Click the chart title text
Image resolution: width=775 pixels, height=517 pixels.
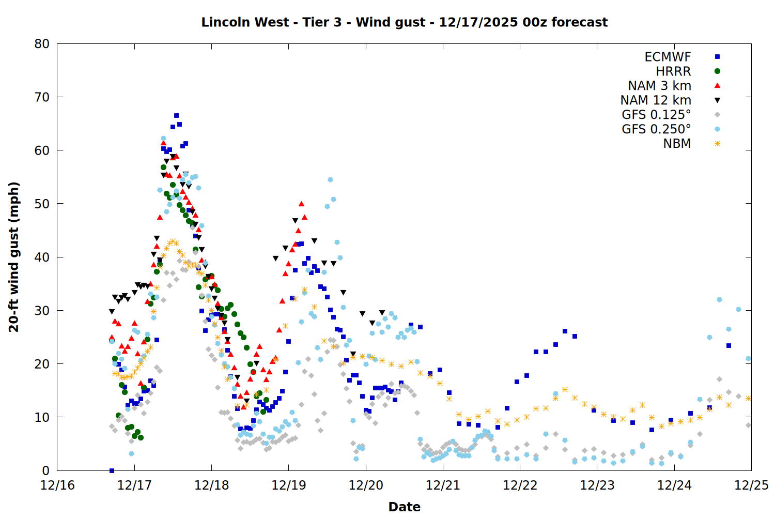(x=404, y=22)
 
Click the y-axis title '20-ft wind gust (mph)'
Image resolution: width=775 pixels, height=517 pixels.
(x=14, y=257)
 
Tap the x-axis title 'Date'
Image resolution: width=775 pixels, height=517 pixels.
(x=404, y=507)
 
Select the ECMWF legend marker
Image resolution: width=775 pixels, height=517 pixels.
(x=717, y=57)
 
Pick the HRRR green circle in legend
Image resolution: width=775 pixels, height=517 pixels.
(x=717, y=71)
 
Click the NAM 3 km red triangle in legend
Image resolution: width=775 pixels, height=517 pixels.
(x=717, y=85)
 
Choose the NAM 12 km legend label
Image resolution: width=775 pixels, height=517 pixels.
(x=656, y=100)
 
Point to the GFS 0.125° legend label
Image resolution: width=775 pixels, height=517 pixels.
(x=656, y=115)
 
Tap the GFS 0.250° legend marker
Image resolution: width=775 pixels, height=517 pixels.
(x=717, y=129)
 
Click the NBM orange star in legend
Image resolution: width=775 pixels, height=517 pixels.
(x=717, y=144)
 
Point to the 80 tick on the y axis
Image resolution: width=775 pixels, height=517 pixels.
(x=42, y=44)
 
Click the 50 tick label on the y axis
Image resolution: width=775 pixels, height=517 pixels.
(x=42, y=204)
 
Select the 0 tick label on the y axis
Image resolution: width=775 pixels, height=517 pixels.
(x=46, y=470)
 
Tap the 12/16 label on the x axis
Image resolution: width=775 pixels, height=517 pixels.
(x=57, y=485)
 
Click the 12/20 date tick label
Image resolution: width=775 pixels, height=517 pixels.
(x=366, y=485)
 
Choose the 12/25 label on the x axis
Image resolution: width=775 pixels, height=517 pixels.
(x=751, y=485)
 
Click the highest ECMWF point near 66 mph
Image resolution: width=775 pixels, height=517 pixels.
(x=176, y=116)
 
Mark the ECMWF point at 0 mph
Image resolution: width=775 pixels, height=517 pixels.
(x=112, y=470)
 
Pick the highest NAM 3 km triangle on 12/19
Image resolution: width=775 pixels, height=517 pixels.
(x=301, y=204)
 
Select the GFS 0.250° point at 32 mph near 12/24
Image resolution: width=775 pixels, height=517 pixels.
(x=719, y=300)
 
